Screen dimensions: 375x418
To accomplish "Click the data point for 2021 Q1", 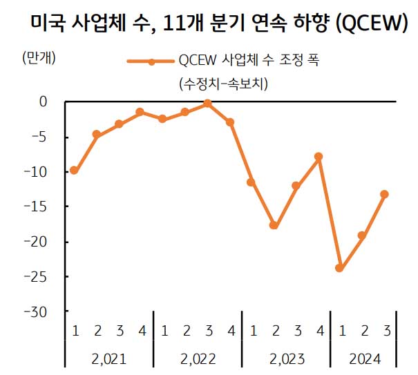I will (x=74, y=171).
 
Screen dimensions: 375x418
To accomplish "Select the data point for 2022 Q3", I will (x=207, y=104).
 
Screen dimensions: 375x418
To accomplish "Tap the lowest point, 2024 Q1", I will (x=339, y=268).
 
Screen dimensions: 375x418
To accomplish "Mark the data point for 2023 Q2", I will (x=274, y=225).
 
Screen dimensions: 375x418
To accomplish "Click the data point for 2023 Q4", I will (x=318, y=157).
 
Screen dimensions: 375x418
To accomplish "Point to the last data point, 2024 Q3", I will (x=384, y=194).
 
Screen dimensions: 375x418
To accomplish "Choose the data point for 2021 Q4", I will (x=140, y=112).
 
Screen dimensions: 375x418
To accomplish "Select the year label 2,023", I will (x=287, y=359).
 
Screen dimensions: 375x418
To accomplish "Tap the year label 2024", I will (x=364, y=359).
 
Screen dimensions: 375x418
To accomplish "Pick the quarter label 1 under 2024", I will (x=341, y=331).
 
